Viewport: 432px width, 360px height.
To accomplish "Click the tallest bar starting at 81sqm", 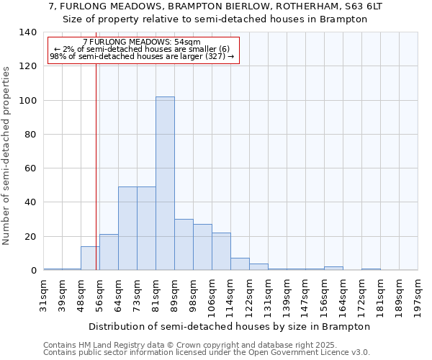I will click(x=165, y=184).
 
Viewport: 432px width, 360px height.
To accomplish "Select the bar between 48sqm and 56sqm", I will click(x=90, y=258).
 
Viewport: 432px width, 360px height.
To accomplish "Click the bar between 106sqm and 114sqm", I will click(x=221, y=251).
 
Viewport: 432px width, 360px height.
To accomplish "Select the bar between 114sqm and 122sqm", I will click(x=240, y=264).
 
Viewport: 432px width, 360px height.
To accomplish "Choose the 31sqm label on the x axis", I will click(x=44, y=294).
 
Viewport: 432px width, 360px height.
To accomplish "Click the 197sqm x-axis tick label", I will click(x=418, y=294).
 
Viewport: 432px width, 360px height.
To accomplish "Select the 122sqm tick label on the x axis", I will click(x=250, y=294).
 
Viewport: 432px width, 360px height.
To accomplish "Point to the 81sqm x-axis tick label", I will click(x=156, y=294).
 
